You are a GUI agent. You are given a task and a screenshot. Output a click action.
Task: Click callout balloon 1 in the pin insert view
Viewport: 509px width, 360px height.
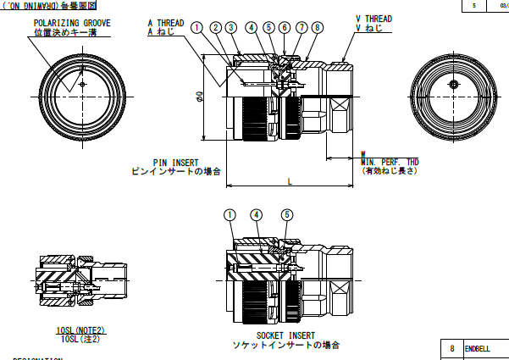pyautogui.click(x=197, y=27)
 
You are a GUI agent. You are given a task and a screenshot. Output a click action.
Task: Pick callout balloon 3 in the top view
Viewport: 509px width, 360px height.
pyautogui.click(x=231, y=27)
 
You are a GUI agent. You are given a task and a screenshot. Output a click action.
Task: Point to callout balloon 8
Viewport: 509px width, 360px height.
pyautogui.click(x=317, y=27)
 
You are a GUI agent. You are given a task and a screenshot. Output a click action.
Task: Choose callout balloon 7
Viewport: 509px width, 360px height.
pyautogui.click(x=301, y=27)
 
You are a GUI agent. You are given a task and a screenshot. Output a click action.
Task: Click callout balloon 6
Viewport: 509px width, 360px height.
pyautogui.click(x=285, y=27)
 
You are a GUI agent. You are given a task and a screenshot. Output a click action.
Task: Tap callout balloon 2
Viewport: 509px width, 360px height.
pyautogui.click(x=215, y=27)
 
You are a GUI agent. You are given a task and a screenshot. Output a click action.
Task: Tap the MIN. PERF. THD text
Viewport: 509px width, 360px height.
pyautogui.click(x=390, y=162)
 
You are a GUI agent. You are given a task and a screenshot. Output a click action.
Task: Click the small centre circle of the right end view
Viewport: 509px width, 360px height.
pyautogui.click(x=455, y=85)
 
